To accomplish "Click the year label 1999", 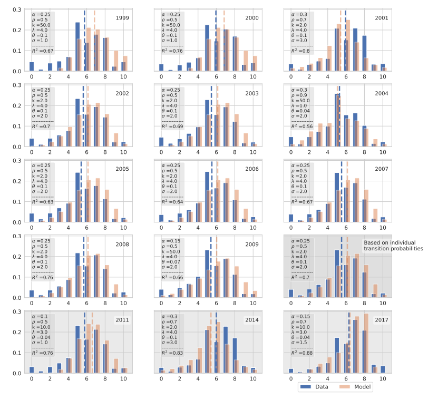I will [x=123, y=18].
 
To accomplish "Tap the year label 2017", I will [x=381, y=320].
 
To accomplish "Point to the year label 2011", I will [x=123, y=320].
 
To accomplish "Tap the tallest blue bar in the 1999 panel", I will [x=77, y=46].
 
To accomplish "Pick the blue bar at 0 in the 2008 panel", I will [x=32, y=294].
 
